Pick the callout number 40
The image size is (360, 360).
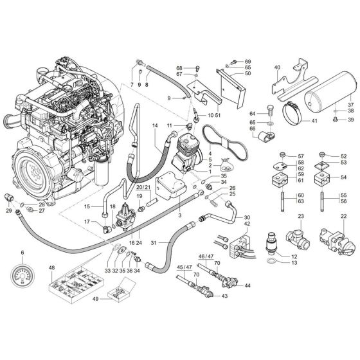(277, 67)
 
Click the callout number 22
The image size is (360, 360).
(343, 216)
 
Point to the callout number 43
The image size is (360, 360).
(224, 297)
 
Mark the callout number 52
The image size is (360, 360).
(343, 156)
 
